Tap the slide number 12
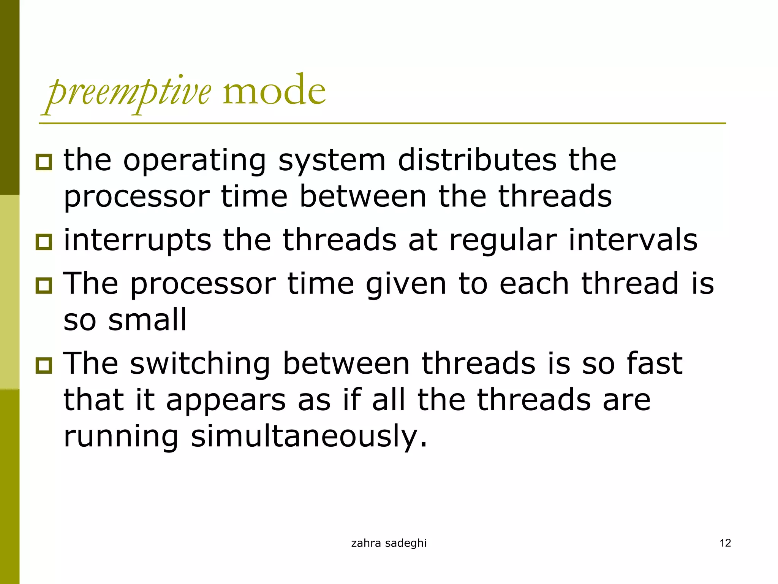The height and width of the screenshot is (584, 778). [x=725, y=543]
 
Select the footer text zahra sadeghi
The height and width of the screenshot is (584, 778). [x=389, y=543]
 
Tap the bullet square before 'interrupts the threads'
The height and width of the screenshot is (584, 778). [x=44, y=242]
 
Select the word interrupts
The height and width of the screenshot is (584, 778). [x=137, y=241]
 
